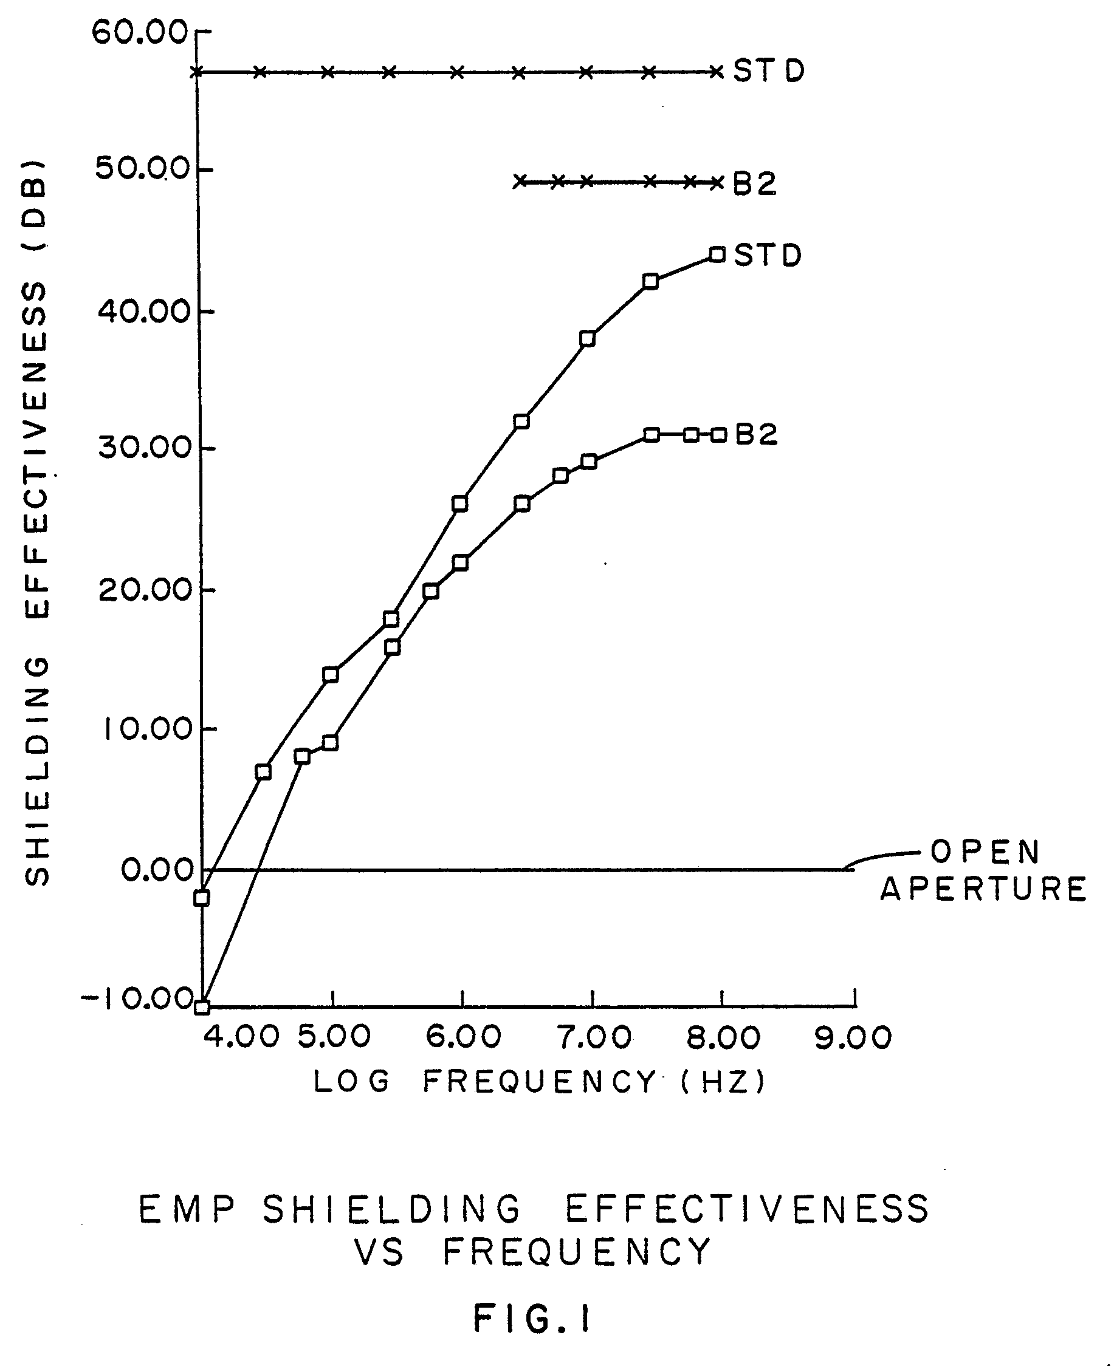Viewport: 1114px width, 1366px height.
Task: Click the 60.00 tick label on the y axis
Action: pos(139,33)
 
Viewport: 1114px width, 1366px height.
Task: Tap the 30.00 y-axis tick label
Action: pos(145,447)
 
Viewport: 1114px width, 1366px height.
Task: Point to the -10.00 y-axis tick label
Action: pos(137,999)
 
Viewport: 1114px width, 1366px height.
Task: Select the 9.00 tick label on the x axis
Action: pos(853,1038)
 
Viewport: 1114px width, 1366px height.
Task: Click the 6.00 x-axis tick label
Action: pos(463,1038)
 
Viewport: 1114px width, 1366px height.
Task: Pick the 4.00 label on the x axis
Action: pos(242,1038)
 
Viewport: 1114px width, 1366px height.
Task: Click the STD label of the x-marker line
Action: pos(769,71)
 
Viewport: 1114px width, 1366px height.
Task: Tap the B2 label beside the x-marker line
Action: pos(755,184)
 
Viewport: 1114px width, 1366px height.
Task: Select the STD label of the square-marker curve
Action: pos(768,255)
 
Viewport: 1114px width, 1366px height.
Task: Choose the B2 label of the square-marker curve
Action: pos(756,435)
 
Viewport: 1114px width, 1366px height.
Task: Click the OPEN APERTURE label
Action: pos(984,870)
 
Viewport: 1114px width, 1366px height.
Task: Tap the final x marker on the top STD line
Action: pos(717,72)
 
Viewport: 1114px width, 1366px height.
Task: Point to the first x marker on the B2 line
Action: pos(521,182)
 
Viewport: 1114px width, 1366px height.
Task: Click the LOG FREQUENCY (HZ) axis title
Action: pos(539,1082)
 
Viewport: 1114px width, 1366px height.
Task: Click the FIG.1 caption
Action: pos(532,1320)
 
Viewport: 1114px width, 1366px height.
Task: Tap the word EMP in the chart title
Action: pos(187,1209)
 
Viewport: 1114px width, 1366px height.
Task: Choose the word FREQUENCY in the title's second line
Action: pos(577,1251)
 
